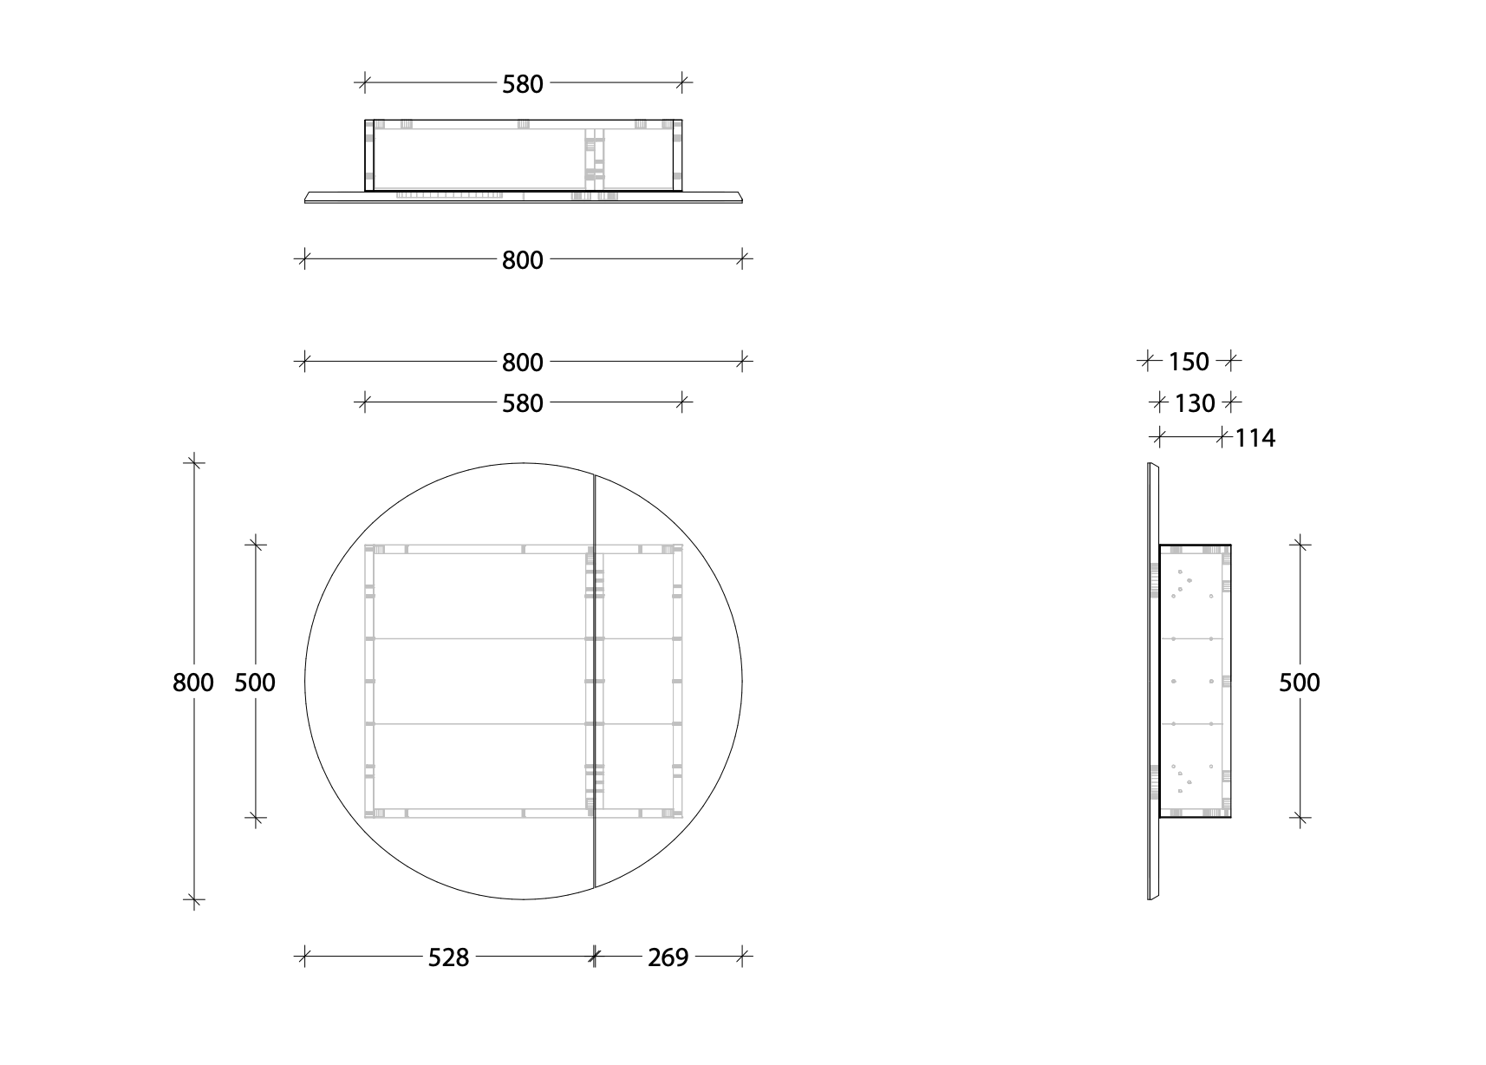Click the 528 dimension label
(x=448, y=957)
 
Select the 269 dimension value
(x=668, y=957)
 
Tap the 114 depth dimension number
(x=1255, y=438)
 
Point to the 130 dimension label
(x=1195, y=402)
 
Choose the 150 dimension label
(x=1189, y=362)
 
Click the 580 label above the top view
(x=523, y=84)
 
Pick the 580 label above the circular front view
(x=523, y=403)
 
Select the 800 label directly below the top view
(x=523, y=260)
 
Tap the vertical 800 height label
(x=193, y=683)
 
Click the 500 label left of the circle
(x=255, y=683)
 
